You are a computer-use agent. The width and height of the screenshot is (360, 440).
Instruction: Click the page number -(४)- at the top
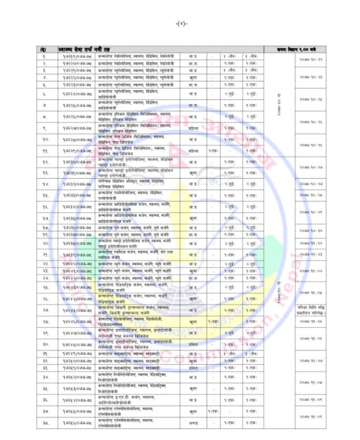point(180,23)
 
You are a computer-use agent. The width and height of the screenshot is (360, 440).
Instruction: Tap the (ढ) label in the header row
point(43,49)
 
